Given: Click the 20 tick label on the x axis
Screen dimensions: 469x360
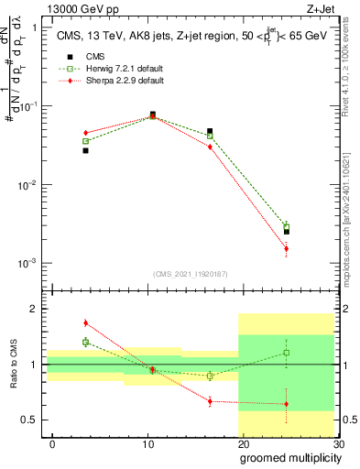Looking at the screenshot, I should (x=242, y=442).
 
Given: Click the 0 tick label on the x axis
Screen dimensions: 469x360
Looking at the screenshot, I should (x=52, y=442).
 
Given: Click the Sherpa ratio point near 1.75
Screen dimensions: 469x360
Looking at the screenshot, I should (x=85, y=322).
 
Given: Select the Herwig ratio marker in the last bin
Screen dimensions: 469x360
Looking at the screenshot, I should (x=286, y=353).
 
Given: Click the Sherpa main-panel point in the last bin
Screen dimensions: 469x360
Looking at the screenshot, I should (x=286, y=248).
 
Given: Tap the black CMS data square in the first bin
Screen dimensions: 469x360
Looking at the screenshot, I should (x=85, y=150).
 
